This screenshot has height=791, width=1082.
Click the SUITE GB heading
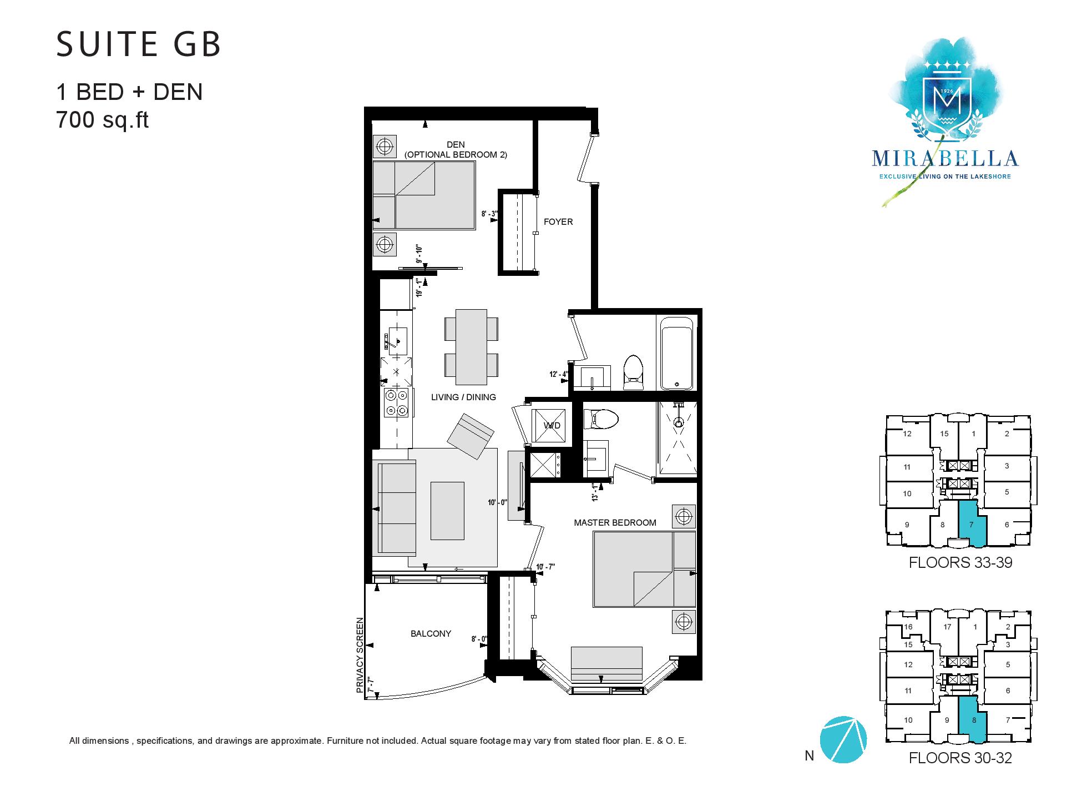(x=139, y=44)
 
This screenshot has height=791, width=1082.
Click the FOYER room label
(x=558, y=222)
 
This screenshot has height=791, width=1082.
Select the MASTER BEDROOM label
(x=615, y=522)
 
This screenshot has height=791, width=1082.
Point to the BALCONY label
(x=431, y=633)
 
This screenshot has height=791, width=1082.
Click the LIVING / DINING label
(x=464, y=397)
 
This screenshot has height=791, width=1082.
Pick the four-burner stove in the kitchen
(x=397, y=402)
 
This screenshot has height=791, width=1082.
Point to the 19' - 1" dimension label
(x=420, y=286)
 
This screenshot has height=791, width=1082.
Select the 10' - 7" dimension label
(x=546, y=567)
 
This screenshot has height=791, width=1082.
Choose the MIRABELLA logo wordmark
(x=945, y=159)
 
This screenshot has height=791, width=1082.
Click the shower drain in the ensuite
(x=677, y=422)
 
